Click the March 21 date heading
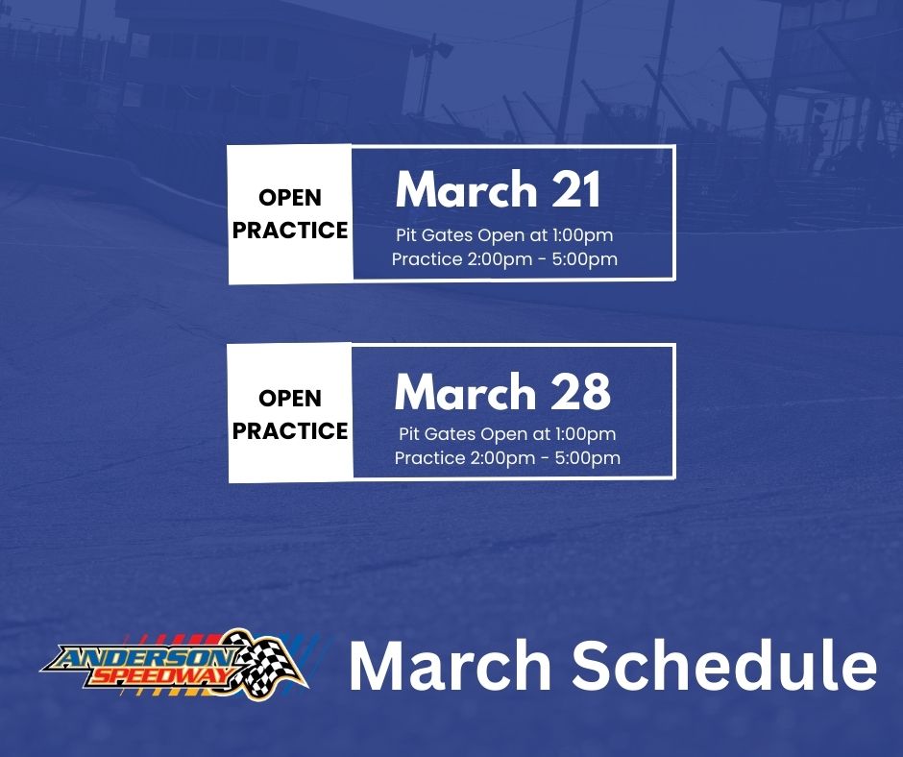click(x=498, y=190)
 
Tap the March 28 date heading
click(x=502, y=392)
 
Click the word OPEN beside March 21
click(x=290, y=198)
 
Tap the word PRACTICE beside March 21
click(x=290, y=231)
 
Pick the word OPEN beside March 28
click(x=290, y=398)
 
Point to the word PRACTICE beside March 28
click(x=290, y=431)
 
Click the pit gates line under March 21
click(x=504, y=235)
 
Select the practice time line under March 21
click(x=504, y=259)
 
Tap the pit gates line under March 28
click(x=506, y=434)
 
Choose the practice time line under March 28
click(x=507, y=458)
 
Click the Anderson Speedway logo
click(x=174, y=664)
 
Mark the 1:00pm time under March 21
click(x=580, y=235)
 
